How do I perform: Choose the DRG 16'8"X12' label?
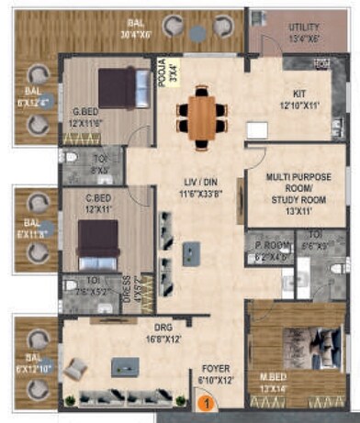click(135, 334)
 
